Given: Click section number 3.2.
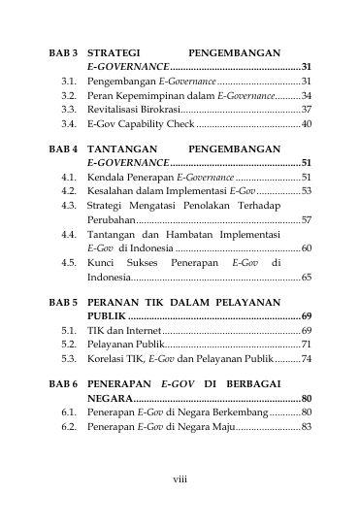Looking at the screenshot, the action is pyautogui.click(x=68, y=96).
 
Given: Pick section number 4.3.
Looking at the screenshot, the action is pyautogui.click(x=68, y=206).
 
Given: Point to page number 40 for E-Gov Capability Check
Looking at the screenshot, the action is pyautogui.click(x=306, y=124).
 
